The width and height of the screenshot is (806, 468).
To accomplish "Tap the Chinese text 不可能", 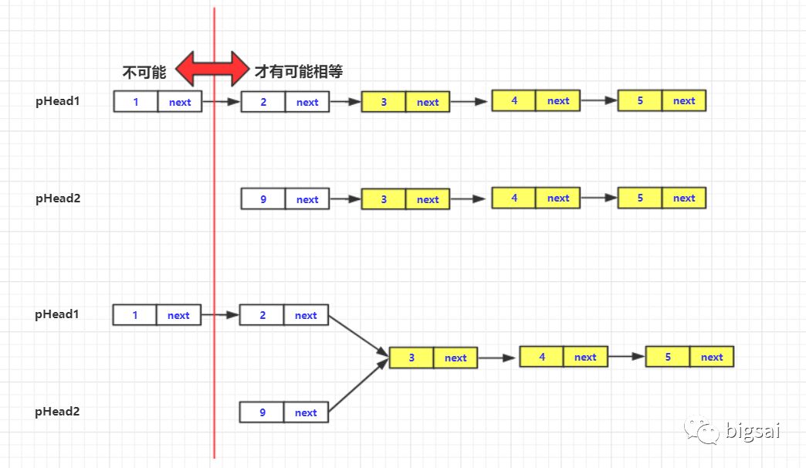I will pyautogui.click(x=144, y=73).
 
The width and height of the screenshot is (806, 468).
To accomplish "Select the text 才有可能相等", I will pyautogui.click(x=299, y=72).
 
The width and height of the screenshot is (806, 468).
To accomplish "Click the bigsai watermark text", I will pyautogui.click(x=753, y=430).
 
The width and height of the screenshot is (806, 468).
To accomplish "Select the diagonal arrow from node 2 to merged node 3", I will pyautogui.click(x=359, y=336).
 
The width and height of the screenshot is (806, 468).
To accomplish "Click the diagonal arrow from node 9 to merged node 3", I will pyautogui.click(x=359, y=384).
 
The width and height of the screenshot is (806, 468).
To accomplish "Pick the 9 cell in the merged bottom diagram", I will pyautogui.click(x=262, y=412).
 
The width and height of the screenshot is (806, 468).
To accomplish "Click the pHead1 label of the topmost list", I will pyautogui.click(x=58, y=101).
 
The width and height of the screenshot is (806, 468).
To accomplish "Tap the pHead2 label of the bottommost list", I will pyautogui.click(x=57, y=412).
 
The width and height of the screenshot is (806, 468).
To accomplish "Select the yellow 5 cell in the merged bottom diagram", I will pyautogui.click(x=668, y=357).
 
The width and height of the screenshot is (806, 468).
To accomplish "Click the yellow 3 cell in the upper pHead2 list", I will pyautogui.click(x=384, y=199).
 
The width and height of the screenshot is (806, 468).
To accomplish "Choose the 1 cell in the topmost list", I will pyautogui.click(x=136, y=101).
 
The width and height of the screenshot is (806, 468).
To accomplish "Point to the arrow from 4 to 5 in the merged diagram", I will pyautogui.click(x=626, y=357).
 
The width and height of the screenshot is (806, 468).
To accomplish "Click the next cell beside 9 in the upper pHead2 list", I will pyautogui.click(x=307, y=199).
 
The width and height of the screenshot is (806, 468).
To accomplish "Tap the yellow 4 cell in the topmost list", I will pyautogui.click(x=513, y=101).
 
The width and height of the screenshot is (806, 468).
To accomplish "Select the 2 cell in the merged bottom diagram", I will pyautogui.click(x=262, y=315).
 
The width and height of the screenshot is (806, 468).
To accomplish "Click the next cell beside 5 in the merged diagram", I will pyautogui.click(x=712, y=357).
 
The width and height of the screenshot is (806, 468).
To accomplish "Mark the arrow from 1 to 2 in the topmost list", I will pyautogui.click(x=221, y=101).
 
